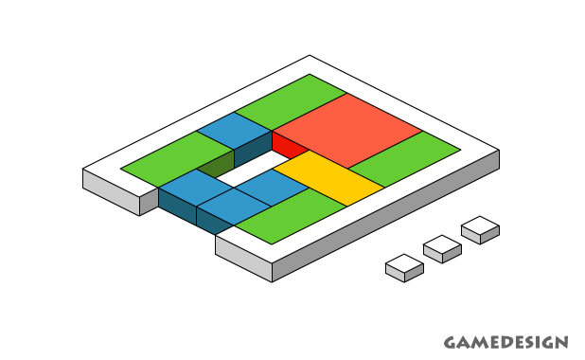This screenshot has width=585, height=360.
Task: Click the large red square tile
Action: (347, 131)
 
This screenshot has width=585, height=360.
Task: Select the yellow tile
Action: (328, 177)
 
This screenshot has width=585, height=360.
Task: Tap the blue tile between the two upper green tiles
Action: (234, 130)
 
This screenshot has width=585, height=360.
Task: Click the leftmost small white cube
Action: (404, 267)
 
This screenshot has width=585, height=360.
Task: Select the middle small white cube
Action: (442, 248)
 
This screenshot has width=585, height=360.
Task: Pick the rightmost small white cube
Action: (480, 229)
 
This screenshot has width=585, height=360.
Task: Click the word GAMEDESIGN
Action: (505, 342)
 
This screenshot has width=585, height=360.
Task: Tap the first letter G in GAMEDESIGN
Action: (451, 342)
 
